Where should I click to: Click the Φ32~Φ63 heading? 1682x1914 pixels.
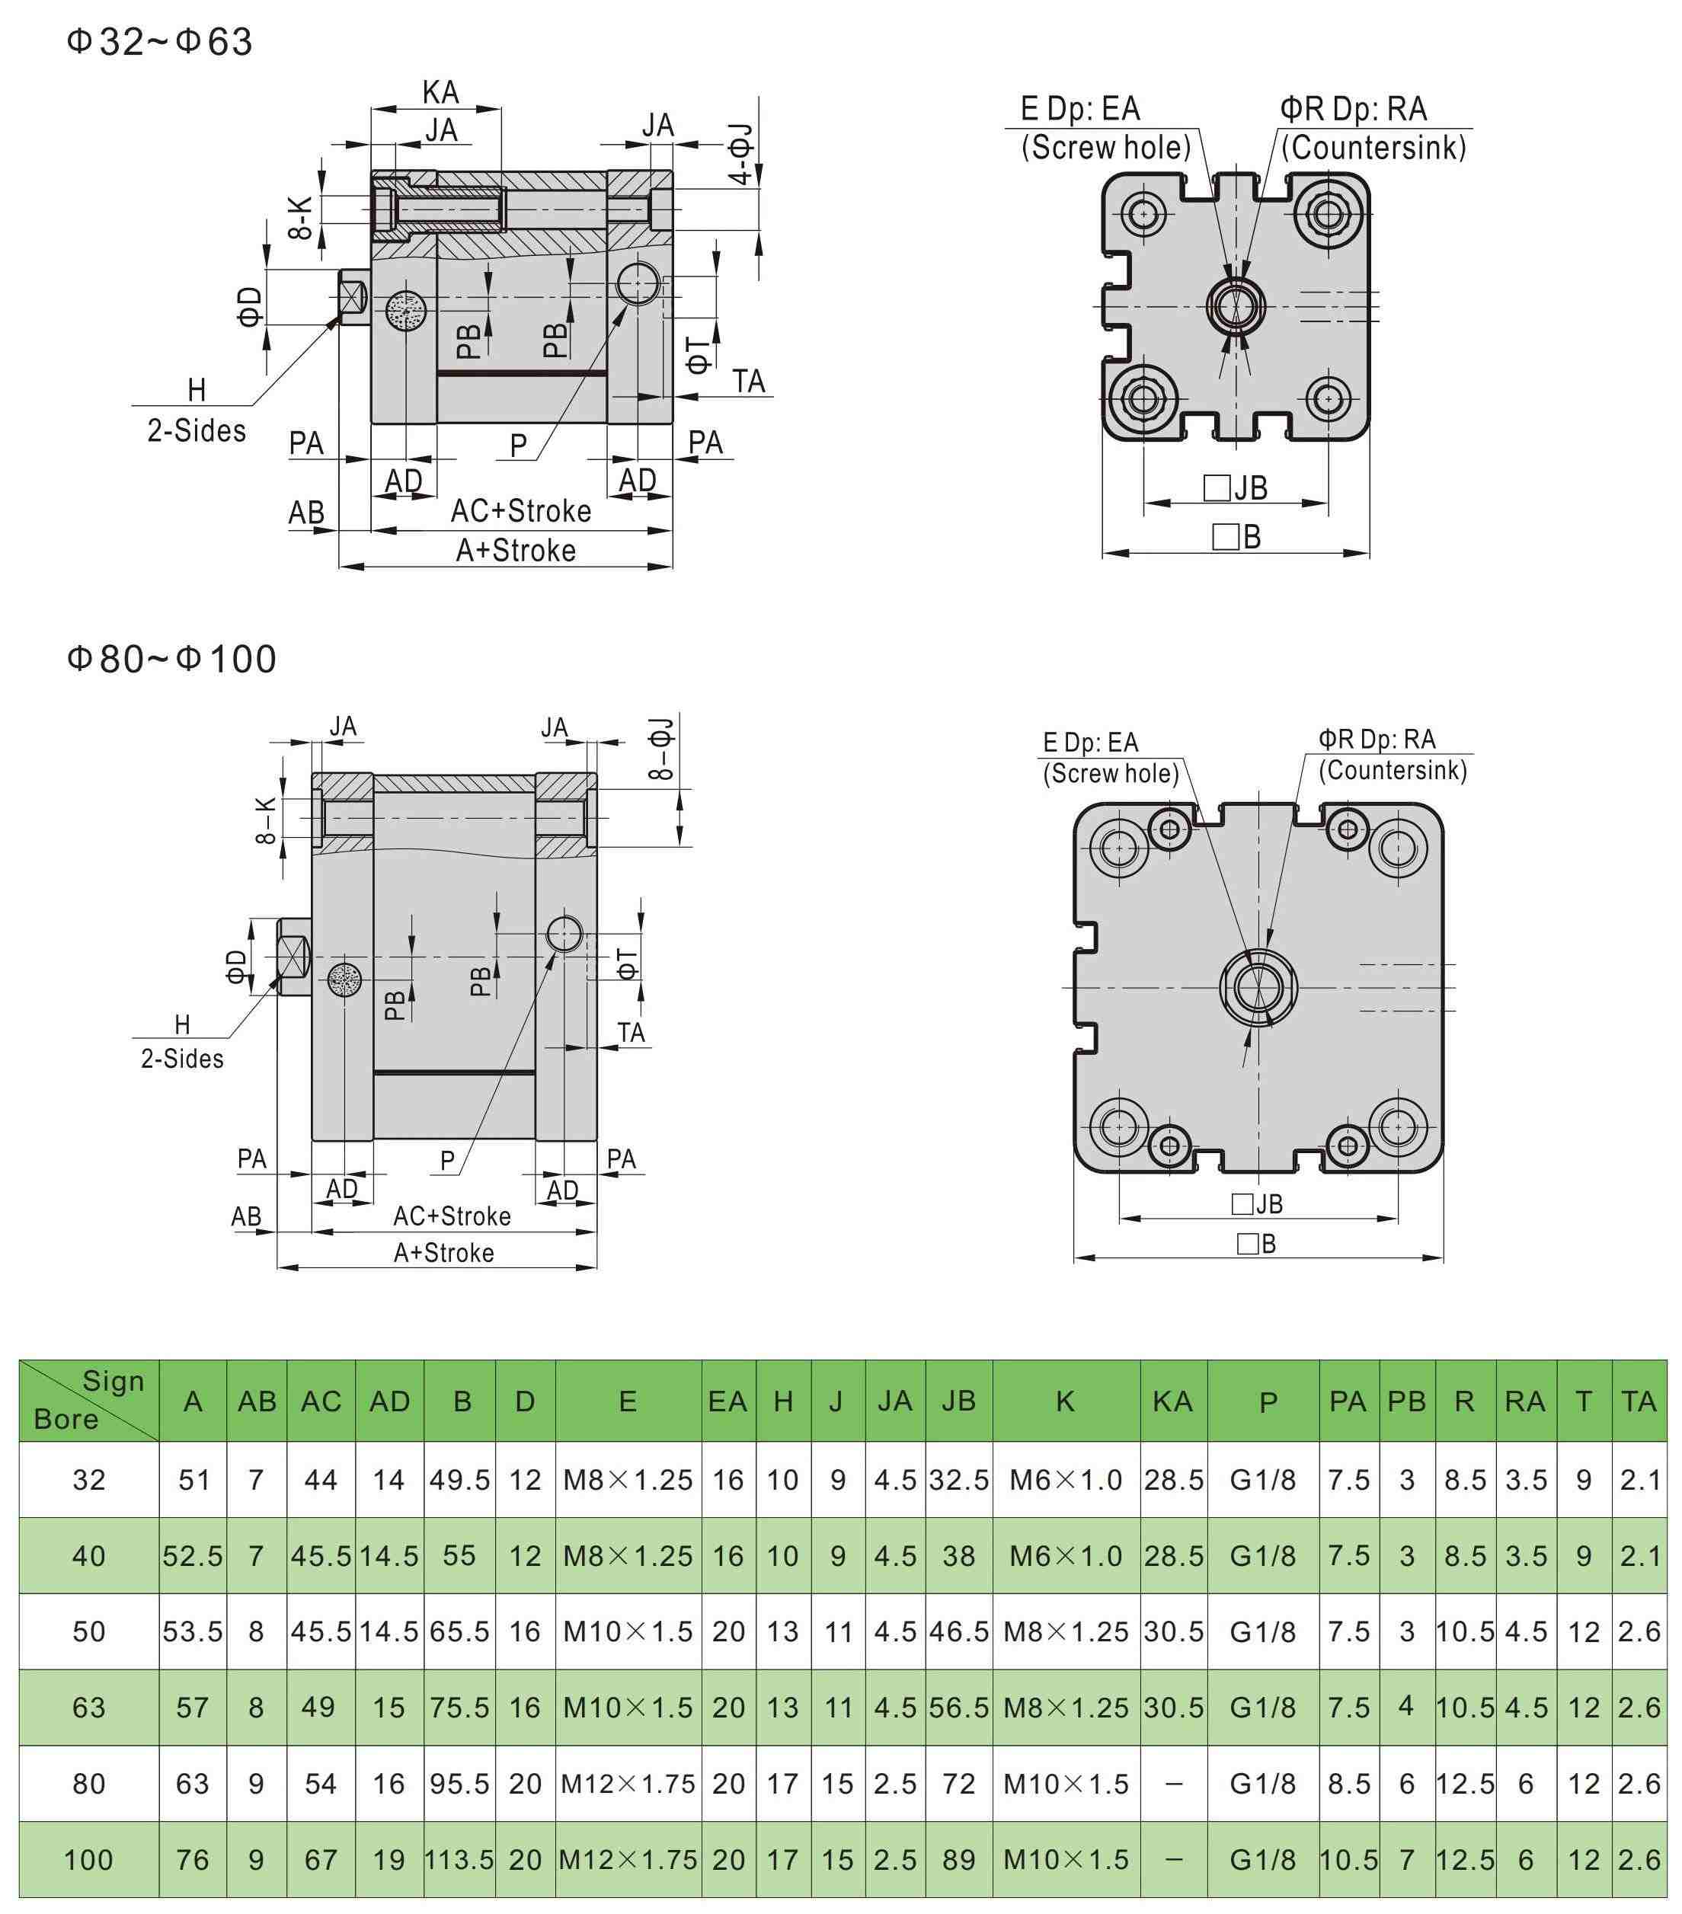pos(159,42)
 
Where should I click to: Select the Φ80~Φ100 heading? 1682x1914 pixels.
pos(171,660)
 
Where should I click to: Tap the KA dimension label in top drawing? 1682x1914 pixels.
pos(440,93)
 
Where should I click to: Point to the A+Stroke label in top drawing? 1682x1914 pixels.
pos(515,551)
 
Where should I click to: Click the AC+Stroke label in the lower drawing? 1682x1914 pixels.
pos(452,1216)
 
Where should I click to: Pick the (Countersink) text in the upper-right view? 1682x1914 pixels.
pos(1373,148)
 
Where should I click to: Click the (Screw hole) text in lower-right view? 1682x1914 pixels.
pos(1111,774)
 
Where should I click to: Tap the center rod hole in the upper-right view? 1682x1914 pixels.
pos(1236,305)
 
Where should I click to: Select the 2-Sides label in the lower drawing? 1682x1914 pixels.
pos(182,1059)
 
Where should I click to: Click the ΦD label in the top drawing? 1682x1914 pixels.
pos(249,305)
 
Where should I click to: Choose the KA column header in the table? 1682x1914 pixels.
pos(1172,1401)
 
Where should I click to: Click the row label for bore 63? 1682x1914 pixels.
pos(89,1707)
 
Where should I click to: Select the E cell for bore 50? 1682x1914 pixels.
pos(628,1631)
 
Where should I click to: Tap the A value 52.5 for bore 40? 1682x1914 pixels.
pos(193,1555)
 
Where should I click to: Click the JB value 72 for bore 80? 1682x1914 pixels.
pos(959,1783)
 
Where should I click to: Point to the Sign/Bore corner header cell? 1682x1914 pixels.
pos(89,1400)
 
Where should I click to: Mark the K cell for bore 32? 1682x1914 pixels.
pos(1066,1480)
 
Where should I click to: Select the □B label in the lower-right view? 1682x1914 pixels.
pos(1256,1244)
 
